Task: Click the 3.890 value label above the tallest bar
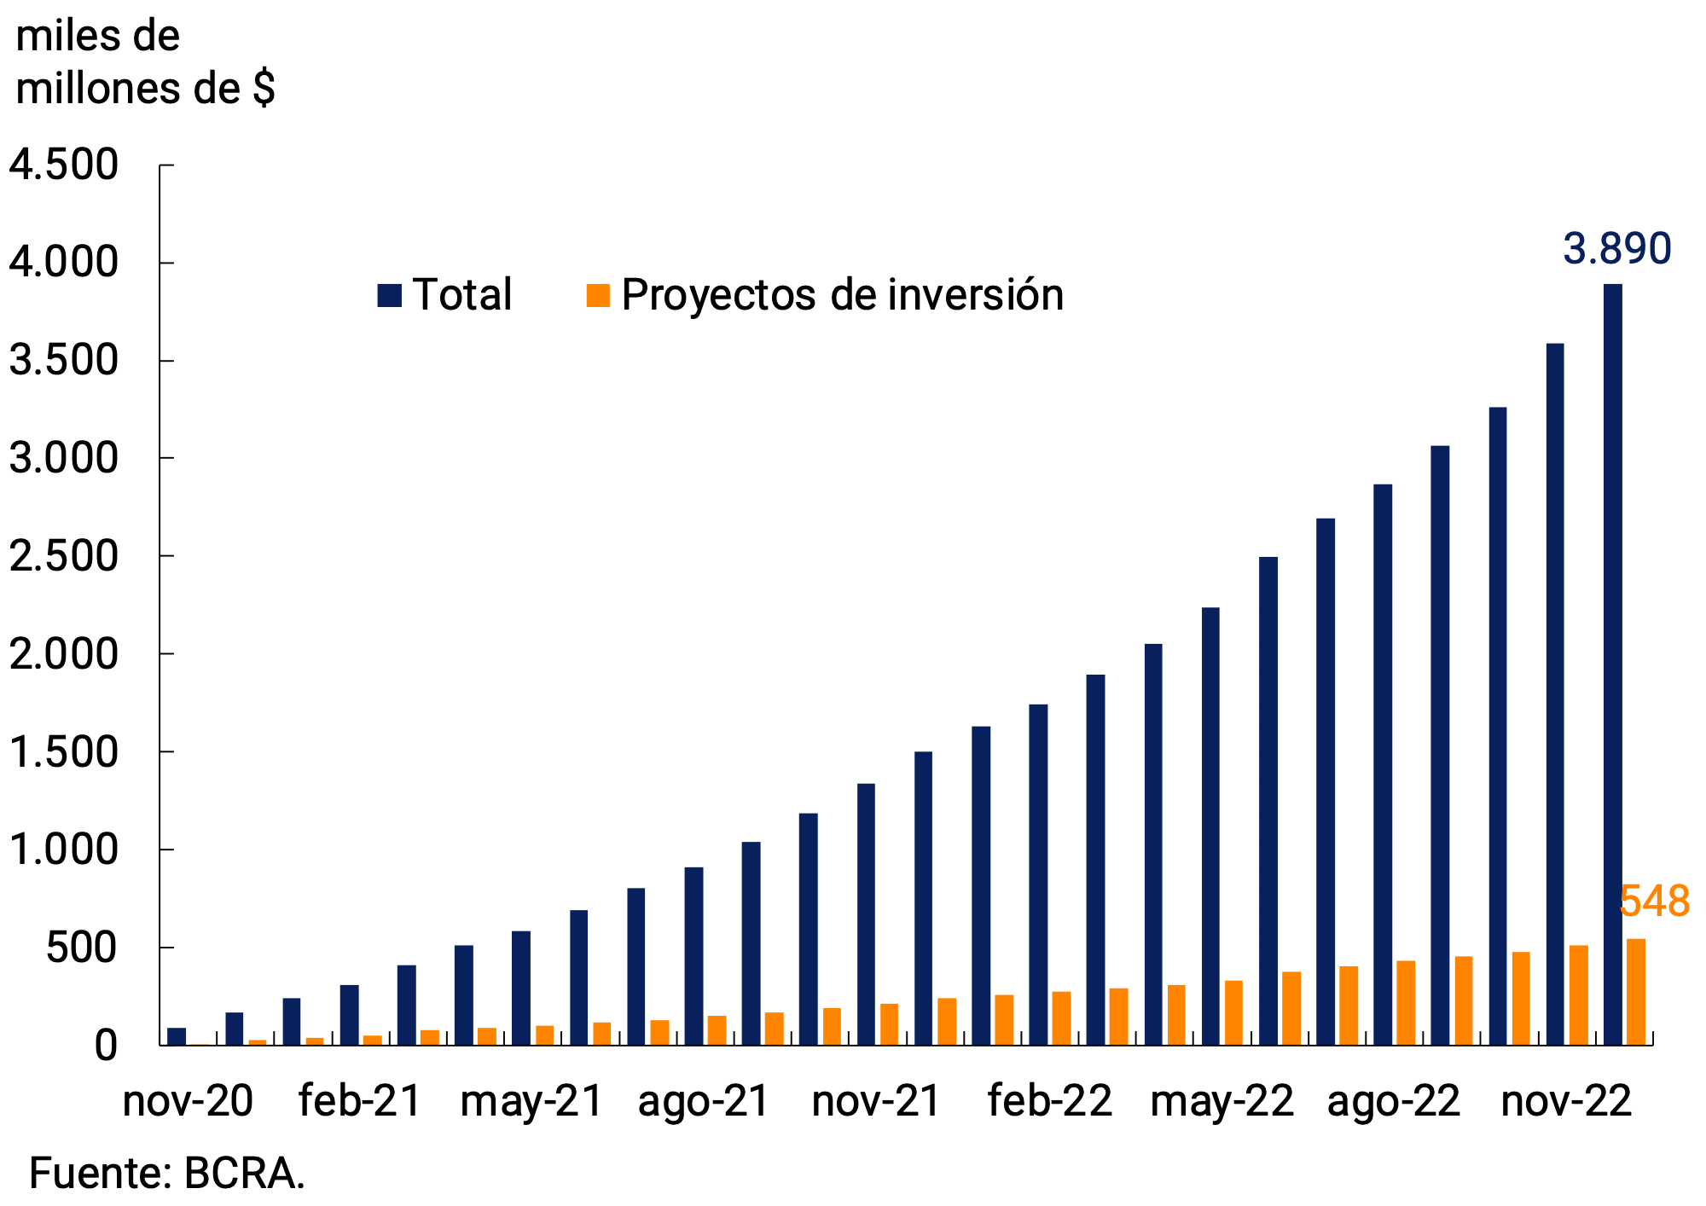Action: pyautogui.click(x=1616, y=249)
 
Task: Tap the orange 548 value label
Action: pyautogui.click(x=1654, y=902)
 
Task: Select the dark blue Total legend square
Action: pyautogui.click(x=389, y=295)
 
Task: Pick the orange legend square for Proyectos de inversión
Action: pyautogui.click(x=598, y=295)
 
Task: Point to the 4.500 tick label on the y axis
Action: pyautogui.click(x=63, y=165)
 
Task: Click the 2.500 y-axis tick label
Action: pyautogui.click(x=63, y=556)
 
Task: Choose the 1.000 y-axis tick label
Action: pyautogui.click(x=63, y=849)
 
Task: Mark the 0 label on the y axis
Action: pyautogui.click(x=105, y=1046)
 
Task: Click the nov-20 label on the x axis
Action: pyautogui.click(x=188, y=1101)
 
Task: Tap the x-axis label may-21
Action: pyautogui.click(x=531, y=1101)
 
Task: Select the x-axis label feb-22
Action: pyautogui.click(x=1049, y=1101)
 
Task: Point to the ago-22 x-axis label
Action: pyautogui.click(x=1394, y=1101)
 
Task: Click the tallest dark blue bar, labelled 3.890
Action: pyautogui.click(x=1612, y=665)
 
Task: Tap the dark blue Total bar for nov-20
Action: pyautogui.click(x=177, y=1036)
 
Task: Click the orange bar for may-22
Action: pyautogui.click(x=1233, y=1013)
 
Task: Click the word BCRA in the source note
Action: pyautogui.click(x=242, y=1174)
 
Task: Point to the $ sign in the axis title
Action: pyautogui.click(x=264, y=89)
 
